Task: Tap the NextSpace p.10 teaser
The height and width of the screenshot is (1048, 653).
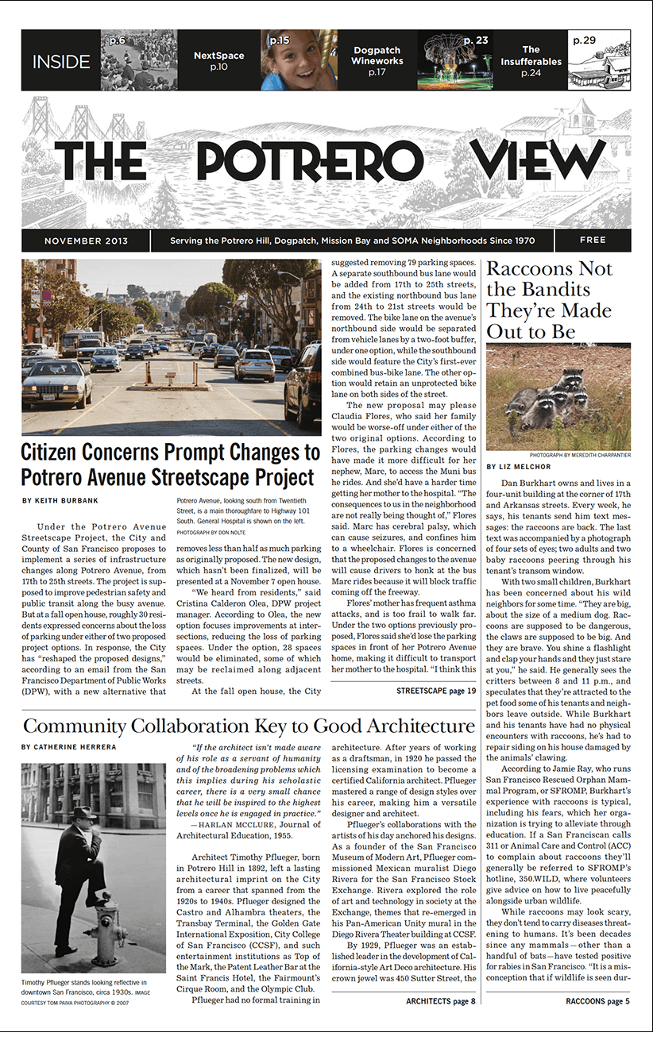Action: coord(218,61)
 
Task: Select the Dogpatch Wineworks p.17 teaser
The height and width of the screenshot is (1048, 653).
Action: coord(377,61)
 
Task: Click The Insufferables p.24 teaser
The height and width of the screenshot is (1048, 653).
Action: coord(531,61)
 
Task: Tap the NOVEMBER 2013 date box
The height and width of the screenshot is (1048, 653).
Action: coord(86,241)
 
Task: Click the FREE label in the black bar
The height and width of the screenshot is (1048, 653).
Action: coord(593,240)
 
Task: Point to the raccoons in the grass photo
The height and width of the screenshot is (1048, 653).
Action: coord(558,397)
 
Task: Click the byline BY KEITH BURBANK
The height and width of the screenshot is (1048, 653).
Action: coord(66,501)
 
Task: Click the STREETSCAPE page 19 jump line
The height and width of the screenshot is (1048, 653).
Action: coord(435,692)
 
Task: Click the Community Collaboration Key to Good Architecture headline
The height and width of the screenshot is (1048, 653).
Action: coord(249,726)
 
